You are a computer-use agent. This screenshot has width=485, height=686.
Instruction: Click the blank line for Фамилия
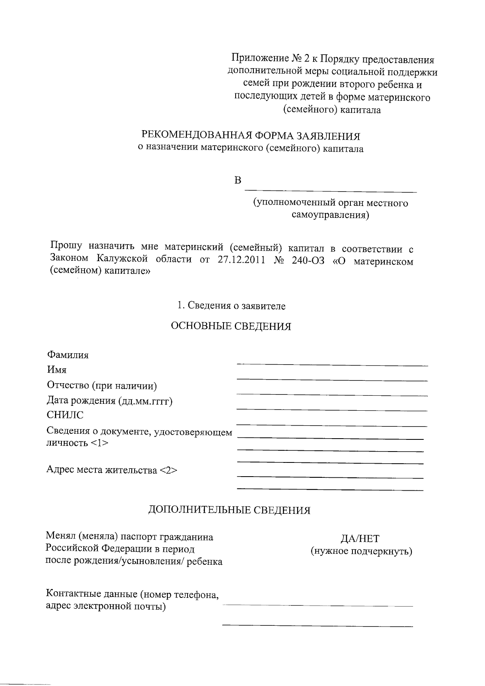[332, 365]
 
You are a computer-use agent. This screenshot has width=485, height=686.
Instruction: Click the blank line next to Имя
[332, 380]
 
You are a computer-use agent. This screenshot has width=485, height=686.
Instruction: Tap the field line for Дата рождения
[332, 410]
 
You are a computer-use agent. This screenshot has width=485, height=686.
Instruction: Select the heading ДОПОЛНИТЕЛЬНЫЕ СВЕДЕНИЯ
[230, 510]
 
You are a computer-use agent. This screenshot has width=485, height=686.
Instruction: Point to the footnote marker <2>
[168, 470]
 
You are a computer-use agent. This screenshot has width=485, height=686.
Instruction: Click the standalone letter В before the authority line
[238, 180]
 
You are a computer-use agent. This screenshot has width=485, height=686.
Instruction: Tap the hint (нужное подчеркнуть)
[361, 551]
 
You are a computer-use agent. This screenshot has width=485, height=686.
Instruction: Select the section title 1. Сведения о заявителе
[232, 306]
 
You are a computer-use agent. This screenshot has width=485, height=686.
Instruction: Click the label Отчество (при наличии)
[102, 385]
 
